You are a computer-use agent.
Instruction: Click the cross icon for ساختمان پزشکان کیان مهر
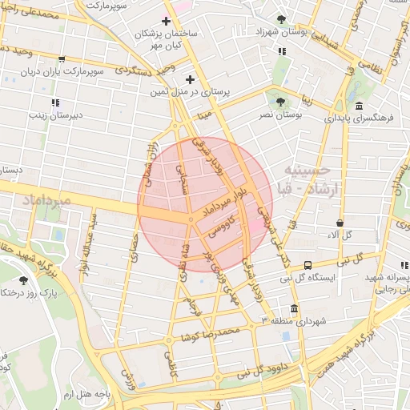[167, 21]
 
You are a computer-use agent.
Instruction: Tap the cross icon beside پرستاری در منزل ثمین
[190, 79]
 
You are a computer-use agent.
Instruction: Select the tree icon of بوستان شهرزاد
[280, 19]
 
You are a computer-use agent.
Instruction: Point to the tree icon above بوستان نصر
[279, 102]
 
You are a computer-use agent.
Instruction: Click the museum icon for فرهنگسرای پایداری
[358, 106]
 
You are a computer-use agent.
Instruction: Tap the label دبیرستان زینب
[54, 115]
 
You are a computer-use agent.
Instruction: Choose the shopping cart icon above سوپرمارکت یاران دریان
[62, 58]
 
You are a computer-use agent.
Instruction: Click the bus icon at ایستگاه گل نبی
[308, 265]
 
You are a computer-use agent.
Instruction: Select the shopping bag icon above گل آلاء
[340, 223]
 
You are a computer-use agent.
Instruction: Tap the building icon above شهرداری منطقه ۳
[294, 309]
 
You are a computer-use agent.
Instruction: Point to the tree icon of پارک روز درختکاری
[23, 280]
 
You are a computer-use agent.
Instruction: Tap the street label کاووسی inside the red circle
[220, 228]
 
